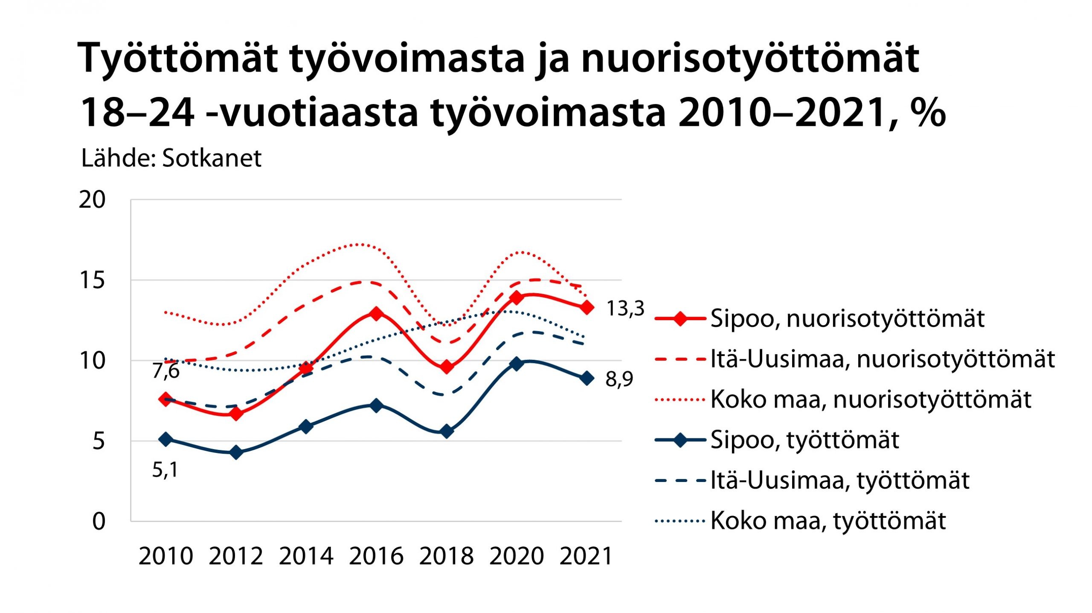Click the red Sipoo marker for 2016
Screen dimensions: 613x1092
(376, 314)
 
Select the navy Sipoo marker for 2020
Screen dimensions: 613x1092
(517, 364)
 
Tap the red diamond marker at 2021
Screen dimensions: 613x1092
(587, 307)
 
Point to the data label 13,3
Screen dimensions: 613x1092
(625, 308)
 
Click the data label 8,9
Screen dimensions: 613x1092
(619, 379)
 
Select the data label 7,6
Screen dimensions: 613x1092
(166, 371)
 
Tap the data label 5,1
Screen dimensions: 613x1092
(165, 470)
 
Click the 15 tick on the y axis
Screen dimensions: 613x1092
(92, 280)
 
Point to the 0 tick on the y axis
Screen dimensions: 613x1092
(99, 521)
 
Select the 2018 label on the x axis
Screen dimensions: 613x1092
(446, 556)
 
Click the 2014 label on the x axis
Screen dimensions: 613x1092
(306, 556)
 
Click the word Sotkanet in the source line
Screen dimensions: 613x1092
(212, 158)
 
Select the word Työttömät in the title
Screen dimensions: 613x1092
(177, 58)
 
